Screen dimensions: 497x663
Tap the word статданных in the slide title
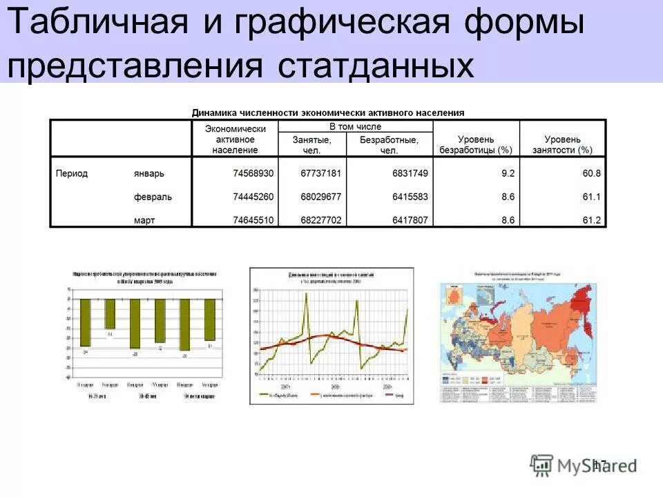click(377, 66)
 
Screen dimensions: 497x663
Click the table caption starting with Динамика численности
click(327, 112)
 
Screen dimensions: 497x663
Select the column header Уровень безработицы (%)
click(476, 144)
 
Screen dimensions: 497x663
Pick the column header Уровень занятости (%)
click(562, 144)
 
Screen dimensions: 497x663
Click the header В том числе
click(355, 127)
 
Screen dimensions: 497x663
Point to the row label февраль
click(153, 197)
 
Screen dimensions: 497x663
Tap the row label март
click(144, 220)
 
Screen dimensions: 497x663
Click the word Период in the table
click(72, 173)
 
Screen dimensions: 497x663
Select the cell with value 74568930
click(253, 173)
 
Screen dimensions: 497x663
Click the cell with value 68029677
click(320, 197)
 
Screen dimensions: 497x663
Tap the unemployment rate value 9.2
click(508, 173)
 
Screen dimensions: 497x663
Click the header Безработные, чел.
click(390, 144)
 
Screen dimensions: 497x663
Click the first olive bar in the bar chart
click(86, 322)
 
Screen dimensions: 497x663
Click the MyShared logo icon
click(542, 465)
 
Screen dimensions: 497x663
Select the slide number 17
click(599, 465)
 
